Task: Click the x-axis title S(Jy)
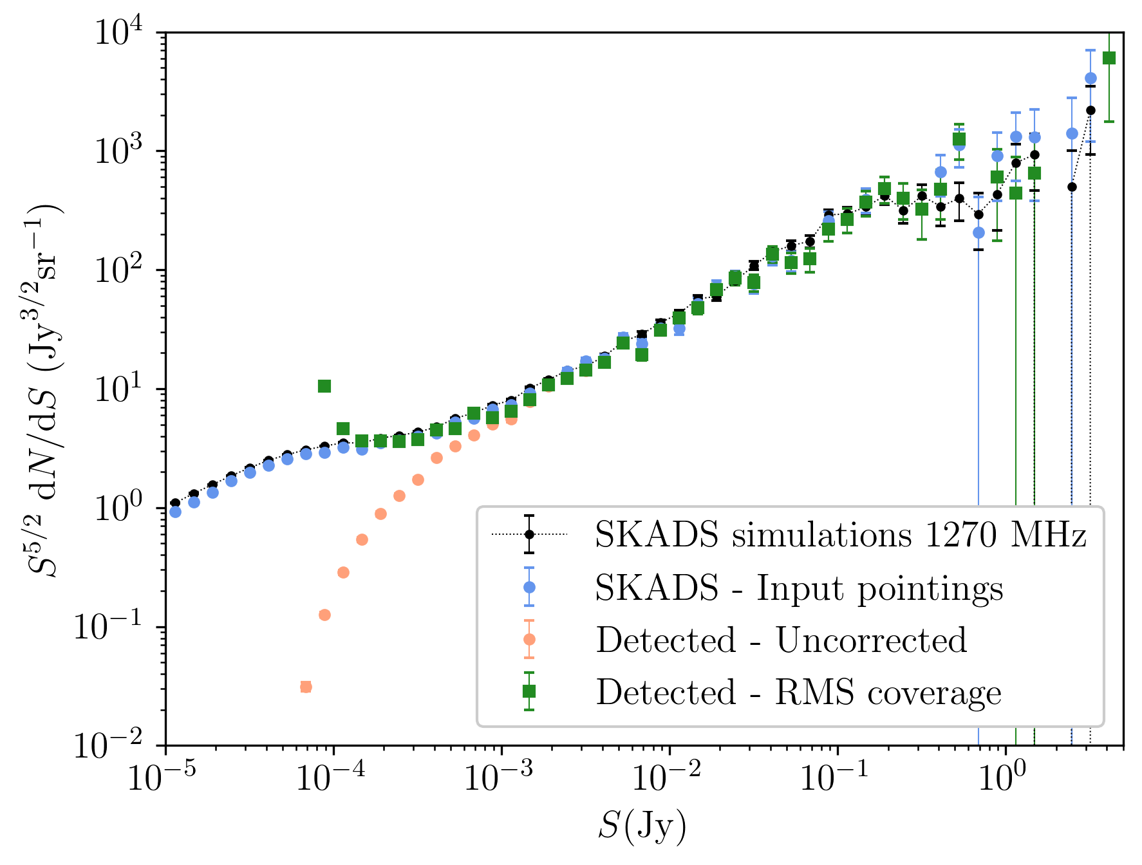coord(642,827)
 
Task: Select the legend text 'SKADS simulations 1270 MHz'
coord(841,535)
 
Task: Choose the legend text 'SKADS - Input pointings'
coord(799,588)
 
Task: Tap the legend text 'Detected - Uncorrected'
coord(781,640)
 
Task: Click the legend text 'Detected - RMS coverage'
coord(798,692)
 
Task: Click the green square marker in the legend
coord(529,691)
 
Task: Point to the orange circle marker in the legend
coord(529,639)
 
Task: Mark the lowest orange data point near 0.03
coord(306,687)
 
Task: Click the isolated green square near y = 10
coord(324,386)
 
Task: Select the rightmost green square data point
coord(1109,58)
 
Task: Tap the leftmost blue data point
coord(175,512)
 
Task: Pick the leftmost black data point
coord(175,503)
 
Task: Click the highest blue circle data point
coord(1091,78)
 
